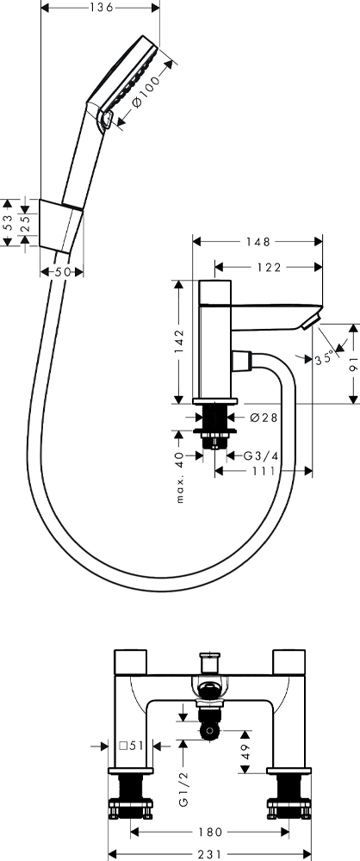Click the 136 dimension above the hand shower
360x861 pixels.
(x=101, y=7)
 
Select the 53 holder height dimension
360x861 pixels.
(x=7, y=222)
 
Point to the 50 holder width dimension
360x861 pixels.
(x=61, y=271)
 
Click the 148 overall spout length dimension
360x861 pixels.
(x=258, y=242)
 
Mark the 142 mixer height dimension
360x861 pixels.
(x=179, y=342)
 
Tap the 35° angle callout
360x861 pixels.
(x=325, y=357)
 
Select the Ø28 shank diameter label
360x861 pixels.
(x=264, y=418)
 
